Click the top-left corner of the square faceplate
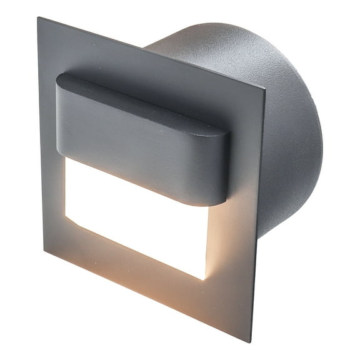pos(39,19)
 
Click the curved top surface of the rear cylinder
pos(206,41)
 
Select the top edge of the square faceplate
pos(150,52)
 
